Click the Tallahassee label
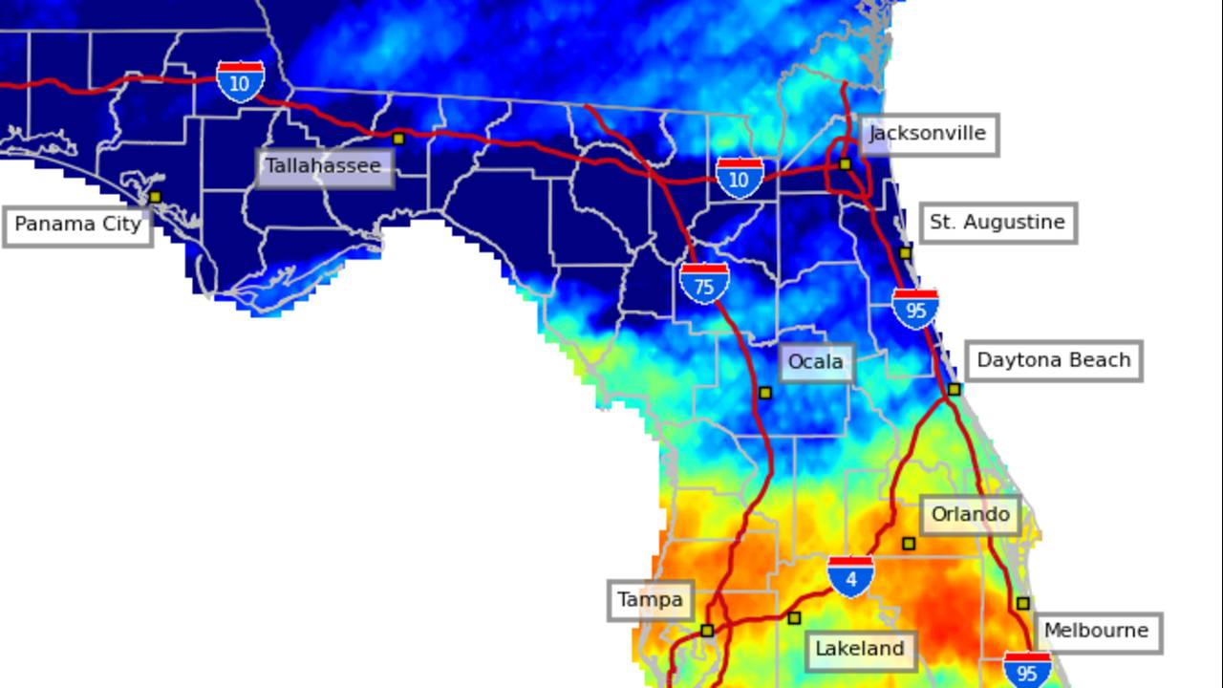(x=324, y=167)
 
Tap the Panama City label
(x=77, y=226)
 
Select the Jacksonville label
(x=928, y=135)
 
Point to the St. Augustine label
(x=997, y=224)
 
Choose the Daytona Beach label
(x=1053, y=361)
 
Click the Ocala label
(x=816, y=362)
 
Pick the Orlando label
(x=970, y=515)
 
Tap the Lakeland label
(x=859, y=650)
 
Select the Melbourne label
(x=1096, y=632)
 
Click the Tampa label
(x=650, y=601)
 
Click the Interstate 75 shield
(x=704, y=284)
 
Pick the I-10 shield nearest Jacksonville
(x=740, y=178)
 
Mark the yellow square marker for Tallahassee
(x=398, y=139)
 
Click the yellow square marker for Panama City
(x=155, y=197)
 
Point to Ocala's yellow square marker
(x=764, y=393)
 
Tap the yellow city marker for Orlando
(x=909, y=544)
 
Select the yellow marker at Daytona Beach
(x=954, y=389)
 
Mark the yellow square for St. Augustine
(x=905, y=253)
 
